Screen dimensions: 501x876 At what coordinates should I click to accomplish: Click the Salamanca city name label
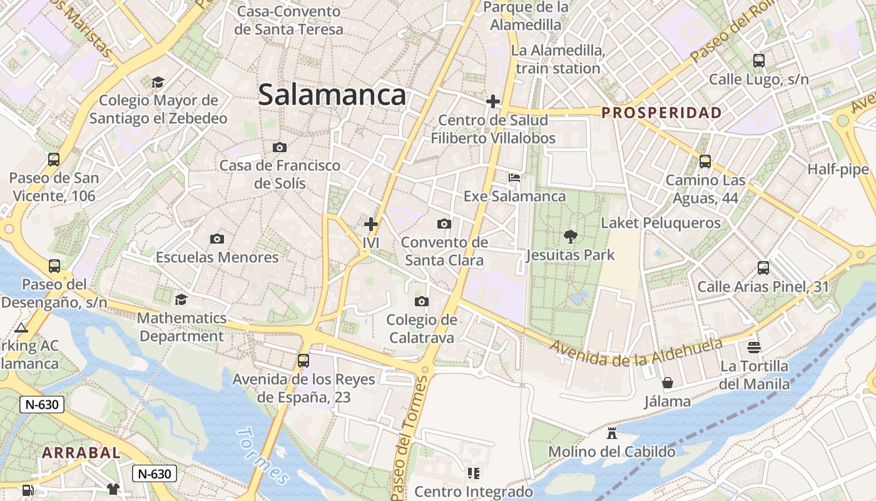tap(332, 95)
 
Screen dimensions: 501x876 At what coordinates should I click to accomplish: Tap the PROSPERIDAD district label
tap(661, 113)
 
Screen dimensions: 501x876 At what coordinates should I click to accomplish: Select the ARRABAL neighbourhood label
tap(81, 452)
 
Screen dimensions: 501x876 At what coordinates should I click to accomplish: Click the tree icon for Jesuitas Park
tap(570, 237)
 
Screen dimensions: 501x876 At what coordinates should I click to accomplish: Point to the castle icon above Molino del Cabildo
tap(612, 433)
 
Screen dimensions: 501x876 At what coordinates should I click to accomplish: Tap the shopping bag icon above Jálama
tap(668, 383)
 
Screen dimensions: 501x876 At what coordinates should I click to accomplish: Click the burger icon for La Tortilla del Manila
tap(754, 347)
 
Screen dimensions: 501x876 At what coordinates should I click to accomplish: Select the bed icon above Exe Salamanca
tap(514, 178)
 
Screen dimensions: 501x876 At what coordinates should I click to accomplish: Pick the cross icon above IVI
tap(371, 224)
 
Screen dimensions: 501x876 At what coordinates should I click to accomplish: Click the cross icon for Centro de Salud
tap(493, 101)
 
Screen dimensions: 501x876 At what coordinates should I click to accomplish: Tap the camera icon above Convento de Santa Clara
tap(444, 224)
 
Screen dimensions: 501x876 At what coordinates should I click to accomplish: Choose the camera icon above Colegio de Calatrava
tap(422, 302)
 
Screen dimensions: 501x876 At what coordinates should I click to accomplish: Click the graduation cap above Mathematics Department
tap(181, 299)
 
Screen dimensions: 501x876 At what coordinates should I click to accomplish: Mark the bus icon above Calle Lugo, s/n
tap(758, 61)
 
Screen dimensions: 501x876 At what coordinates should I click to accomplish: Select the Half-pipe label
tap(838, 169)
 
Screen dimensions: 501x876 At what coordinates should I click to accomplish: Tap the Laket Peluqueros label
tap(661, 223)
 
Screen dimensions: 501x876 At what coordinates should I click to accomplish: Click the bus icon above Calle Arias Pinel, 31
tap(763, 268)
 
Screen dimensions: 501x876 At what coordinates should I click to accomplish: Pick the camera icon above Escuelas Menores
tap(217, 239)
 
